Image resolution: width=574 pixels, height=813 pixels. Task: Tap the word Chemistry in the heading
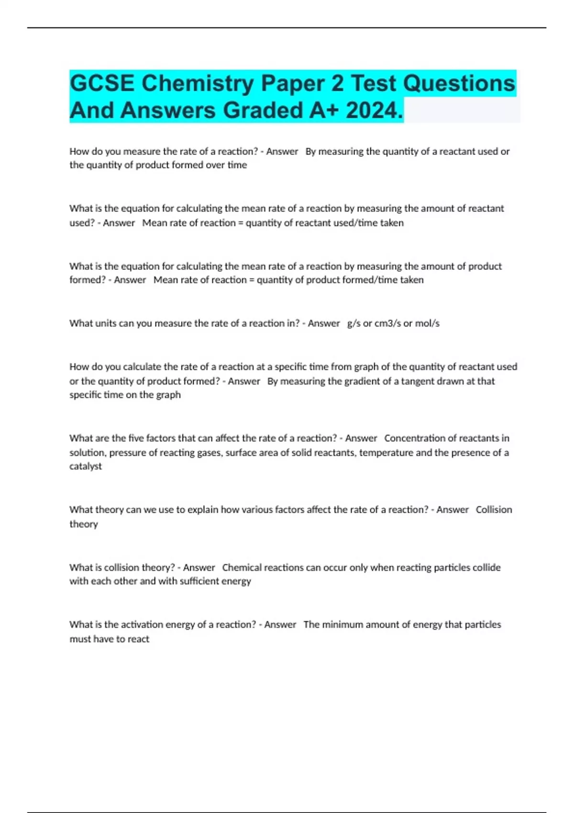pos(197,84)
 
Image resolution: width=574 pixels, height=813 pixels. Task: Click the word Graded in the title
pos(263,110)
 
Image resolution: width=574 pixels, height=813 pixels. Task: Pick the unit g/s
pos(353,323)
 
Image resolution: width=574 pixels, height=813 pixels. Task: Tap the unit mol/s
pos(427,323)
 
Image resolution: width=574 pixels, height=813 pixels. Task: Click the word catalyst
pos(86,466)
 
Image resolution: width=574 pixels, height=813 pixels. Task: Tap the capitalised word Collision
pos(494,510)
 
